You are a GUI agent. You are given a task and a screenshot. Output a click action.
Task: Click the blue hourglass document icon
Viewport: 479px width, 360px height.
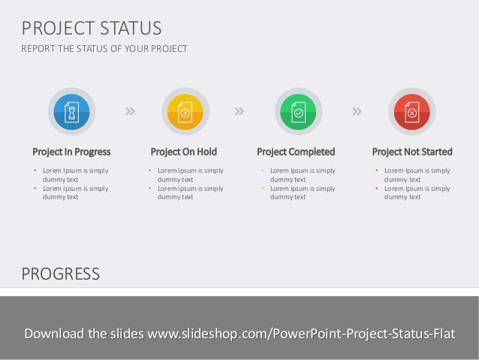point(71,111)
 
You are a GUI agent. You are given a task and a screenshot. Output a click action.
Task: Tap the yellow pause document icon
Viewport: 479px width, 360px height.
point(185,111)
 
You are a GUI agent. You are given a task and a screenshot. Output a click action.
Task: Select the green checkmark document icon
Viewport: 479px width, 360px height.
point(298,111)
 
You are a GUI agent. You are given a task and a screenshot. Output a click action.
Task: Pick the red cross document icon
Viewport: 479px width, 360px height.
point(411,111)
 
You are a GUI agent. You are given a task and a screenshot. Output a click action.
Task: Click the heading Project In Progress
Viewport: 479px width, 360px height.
point(71,152)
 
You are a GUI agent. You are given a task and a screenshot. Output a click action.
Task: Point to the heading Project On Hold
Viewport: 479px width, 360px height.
point(184,152)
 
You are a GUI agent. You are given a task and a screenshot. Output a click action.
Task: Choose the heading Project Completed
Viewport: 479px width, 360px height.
point(296,152)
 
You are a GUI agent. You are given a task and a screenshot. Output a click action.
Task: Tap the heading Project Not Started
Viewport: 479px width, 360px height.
point(412,152)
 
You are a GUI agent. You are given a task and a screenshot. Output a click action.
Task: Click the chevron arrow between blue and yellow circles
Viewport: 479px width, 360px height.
point(130,111)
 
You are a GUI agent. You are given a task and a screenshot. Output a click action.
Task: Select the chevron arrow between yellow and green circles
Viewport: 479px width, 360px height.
point(239,111)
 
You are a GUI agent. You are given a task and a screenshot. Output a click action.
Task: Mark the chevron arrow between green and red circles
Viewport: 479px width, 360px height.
point(357,111)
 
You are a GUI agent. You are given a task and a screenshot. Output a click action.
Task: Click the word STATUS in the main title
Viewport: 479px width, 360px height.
point(130,29)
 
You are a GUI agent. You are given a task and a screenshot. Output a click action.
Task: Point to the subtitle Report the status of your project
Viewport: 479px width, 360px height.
point(104,49)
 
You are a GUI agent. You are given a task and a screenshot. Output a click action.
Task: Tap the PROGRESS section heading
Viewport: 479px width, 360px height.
point(60,274)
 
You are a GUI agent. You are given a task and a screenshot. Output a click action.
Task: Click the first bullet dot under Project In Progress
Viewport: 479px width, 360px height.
point(35,171)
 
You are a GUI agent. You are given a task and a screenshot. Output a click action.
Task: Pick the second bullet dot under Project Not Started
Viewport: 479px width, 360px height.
point(376,188)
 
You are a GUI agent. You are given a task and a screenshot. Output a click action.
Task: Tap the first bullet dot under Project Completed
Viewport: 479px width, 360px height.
point(262,171)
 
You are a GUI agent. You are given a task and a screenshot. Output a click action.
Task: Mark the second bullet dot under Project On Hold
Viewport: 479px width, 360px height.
point(149,188)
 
